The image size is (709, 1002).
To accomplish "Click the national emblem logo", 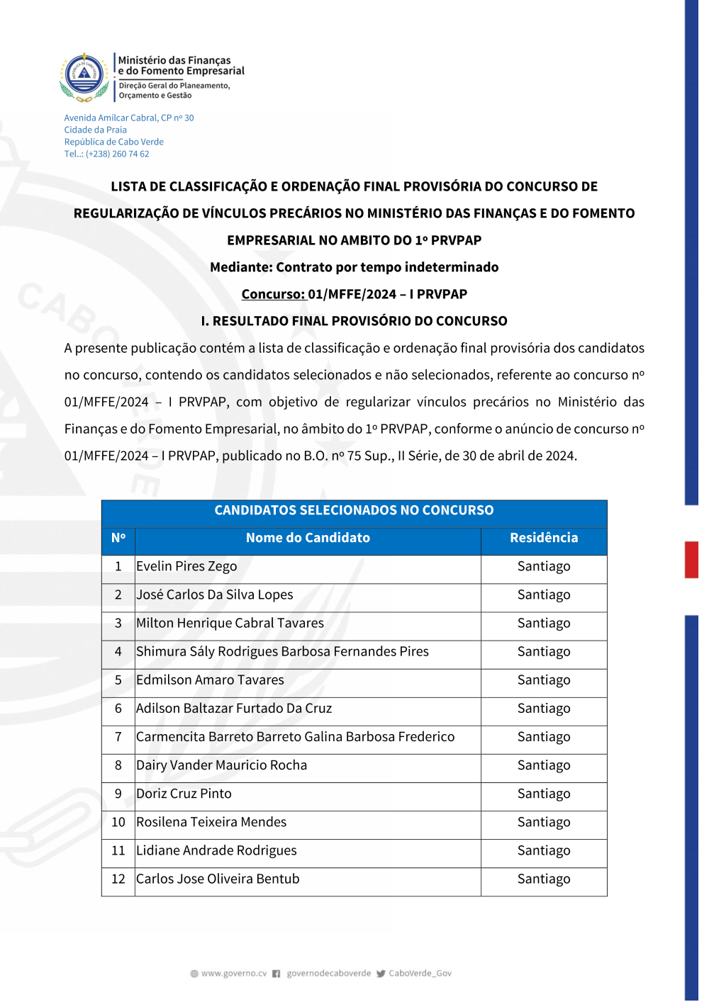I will point(84,76).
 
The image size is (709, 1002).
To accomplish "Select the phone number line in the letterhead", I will point(107,154).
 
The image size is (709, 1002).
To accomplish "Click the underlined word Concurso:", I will point(273,294).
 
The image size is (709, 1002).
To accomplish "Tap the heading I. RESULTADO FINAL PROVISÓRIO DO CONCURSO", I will point(354,321).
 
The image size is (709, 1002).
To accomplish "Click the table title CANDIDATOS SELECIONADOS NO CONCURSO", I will point(354,510).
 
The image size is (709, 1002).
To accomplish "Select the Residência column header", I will point(544,538).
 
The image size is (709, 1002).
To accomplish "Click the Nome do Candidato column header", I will point(308,538).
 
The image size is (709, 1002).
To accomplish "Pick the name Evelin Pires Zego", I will point(186,566).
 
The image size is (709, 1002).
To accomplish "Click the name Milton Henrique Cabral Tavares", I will point(230,623).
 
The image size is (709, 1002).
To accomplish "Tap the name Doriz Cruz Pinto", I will point(184,794).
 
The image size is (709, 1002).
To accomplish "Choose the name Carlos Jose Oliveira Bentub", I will point(218,879).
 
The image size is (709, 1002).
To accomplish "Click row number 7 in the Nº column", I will point(118,737).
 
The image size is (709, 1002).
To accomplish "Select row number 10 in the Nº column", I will point(118,822).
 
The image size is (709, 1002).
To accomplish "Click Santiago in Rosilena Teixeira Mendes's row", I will point(544,822).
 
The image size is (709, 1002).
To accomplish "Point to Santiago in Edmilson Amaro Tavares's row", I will point(544,680).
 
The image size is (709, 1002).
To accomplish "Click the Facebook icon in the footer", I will point(277,974).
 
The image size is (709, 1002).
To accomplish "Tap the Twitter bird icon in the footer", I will point(381,974).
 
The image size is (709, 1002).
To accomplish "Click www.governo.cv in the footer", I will point(234,974).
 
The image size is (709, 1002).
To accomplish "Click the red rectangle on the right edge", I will point(691,560).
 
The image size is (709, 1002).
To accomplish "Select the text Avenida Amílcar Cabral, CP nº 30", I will point(129,118).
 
